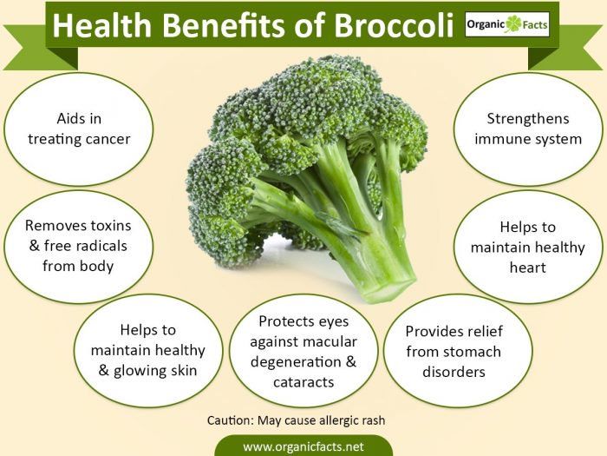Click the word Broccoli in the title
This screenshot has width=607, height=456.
(x=394, y=25)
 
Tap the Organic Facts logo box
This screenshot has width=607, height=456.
(x=507, y=24)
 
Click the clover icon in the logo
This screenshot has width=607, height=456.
(x=513, y=24)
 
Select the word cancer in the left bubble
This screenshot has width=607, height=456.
(x=106, y=139)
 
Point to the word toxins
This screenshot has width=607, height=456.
(x=111, y=225)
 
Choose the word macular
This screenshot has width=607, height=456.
(x=330, y=341)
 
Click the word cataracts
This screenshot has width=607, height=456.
(x=303, y=382)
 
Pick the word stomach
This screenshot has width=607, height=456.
(x=472, y=352)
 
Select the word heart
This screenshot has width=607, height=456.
(x=527, y=268)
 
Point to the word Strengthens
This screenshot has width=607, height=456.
(x=528, y=119)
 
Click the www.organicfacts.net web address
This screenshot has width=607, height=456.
(x=303, y=446)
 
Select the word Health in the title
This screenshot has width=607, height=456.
(x=101, y=25)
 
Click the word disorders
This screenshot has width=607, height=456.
(x=454, y=372)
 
